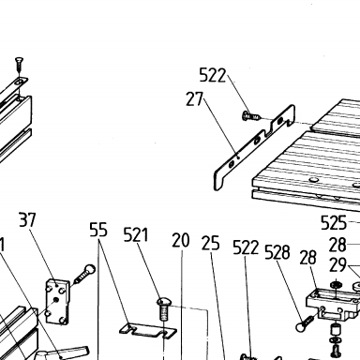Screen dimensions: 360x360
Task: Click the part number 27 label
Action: (194, 98)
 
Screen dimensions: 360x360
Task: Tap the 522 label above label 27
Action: (213, 75)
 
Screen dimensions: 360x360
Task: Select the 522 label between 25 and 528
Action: (246, 247)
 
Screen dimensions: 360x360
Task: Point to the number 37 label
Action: (27, 219)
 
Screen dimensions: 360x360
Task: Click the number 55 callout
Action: (98, 230)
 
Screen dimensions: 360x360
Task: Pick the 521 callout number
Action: (136, 234)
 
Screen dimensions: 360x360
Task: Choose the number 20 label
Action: (181, 240)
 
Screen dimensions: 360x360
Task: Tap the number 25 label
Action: (210, 243)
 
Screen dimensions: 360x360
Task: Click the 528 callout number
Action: (277, 252)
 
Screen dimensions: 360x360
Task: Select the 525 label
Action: (334, 223)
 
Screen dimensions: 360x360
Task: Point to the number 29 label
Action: (337, 265)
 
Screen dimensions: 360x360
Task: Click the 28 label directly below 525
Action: (337, 245)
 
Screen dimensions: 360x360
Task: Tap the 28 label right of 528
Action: (308, 258)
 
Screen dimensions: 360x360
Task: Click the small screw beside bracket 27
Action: (251, 116)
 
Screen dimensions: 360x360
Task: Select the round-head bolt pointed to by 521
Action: (163, 308)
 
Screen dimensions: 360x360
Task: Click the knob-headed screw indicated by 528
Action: (305, 323)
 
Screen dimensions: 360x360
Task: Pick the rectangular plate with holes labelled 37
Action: (58, 302)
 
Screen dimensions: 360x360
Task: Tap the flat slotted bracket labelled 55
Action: (148, 330)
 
